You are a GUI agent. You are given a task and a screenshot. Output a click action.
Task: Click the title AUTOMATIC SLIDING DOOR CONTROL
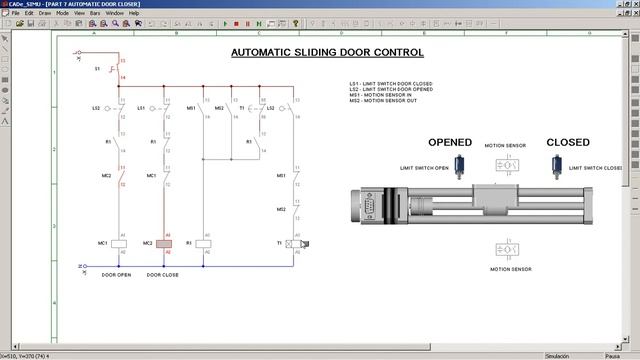(327, 51)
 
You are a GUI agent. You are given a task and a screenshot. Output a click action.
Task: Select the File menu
(16, 13)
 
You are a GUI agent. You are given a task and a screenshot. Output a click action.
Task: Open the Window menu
(113, 13)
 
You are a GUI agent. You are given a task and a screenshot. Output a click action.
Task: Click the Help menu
(134, 13)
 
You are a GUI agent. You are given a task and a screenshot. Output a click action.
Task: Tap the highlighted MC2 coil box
(165, 243)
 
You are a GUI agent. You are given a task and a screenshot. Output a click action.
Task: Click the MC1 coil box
(118, 243)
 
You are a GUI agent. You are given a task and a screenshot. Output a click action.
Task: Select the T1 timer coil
(295, 243)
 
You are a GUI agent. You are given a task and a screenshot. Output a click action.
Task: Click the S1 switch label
(98, 69)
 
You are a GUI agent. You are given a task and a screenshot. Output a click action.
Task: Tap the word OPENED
(449, 142)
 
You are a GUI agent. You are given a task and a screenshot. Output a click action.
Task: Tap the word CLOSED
(567, 142)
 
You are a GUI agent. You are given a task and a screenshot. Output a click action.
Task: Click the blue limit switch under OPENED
(462, 167)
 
